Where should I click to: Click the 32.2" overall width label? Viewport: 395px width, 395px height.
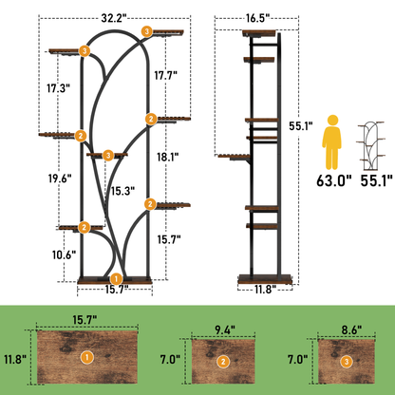click(114, 19)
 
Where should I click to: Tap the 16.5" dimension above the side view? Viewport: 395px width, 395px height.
click(257, 18)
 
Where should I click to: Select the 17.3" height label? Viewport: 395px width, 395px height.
click(59, 88)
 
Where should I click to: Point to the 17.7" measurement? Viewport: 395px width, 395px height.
click(165, 75)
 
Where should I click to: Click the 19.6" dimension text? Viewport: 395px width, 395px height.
click(60, 179)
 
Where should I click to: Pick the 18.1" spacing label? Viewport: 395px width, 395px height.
click(168, 157)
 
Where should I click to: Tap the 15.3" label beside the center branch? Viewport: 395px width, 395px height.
click(122, 191)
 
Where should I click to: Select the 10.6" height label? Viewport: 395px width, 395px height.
click(65, 254)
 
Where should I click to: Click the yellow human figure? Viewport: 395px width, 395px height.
click(331, 142)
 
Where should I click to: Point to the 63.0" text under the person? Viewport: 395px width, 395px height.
click(334, 180)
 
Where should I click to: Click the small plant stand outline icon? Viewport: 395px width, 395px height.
click(371, 145)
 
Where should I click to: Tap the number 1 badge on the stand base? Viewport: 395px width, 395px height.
click(117, 279)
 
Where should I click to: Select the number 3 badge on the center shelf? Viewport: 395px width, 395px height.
click(108, 156)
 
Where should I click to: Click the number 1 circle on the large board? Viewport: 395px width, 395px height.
click(87, 357)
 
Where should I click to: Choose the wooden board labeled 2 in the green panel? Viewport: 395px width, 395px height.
click(223, 361)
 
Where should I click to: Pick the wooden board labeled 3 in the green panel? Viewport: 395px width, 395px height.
click(347, 361)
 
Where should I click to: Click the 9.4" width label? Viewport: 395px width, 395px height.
click(225, 330)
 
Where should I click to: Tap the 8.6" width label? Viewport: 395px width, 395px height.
click(351, 330)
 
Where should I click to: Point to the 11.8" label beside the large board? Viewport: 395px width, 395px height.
click(15, 359)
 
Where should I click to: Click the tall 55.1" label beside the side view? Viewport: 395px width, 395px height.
click(301, 126)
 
